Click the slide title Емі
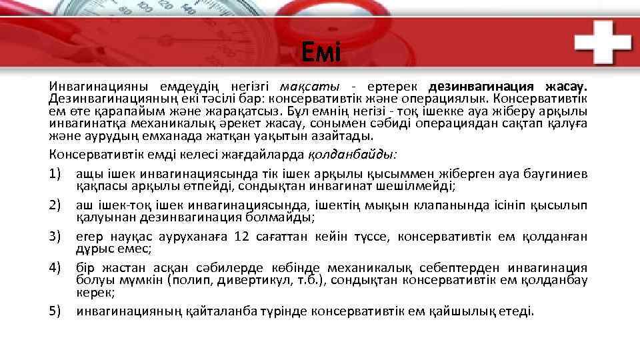coord(320,52)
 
